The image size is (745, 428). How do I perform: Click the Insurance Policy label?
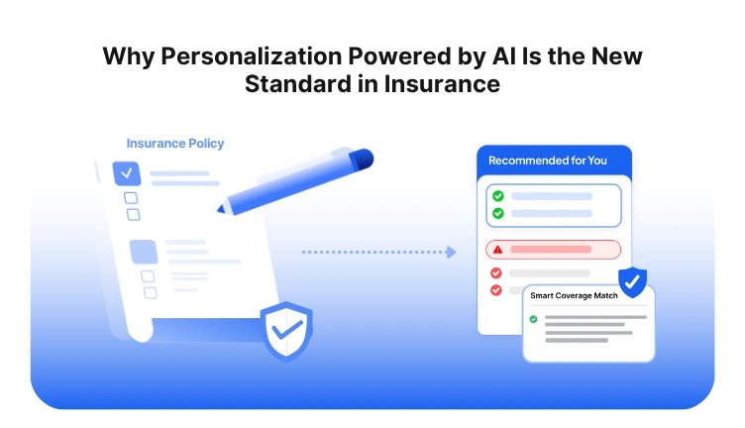[x=175, y=144]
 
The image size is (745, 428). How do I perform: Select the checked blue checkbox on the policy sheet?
[x=126, y=173]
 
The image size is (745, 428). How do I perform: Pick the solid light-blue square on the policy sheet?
[x=143, y=252]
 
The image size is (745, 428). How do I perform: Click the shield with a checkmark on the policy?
[x=286, y=331]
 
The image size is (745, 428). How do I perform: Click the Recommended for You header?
[x=548, y=160]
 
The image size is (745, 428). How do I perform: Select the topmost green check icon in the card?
[x=497, y=196]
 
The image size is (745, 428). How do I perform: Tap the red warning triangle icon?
[x=497, y=250]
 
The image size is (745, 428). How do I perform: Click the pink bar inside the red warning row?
[x=551, y=250]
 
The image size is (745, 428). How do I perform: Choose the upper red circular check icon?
[x=497, y=272]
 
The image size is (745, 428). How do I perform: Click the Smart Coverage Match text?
[x=575, y=295]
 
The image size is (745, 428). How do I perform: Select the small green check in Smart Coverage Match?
[x=534, y=319]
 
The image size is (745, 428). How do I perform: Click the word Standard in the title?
[x=294, y=84]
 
